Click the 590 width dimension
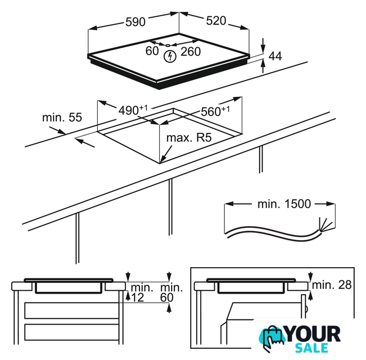[x=135, y=22]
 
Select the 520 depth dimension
[x=216, y=21]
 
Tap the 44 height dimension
[x=275, y=56]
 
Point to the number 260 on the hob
[x=191, y=51]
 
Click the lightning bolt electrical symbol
[x=170, y=56]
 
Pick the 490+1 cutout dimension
[x=133, y=110]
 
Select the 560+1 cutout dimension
[x=215, y=111]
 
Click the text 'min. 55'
[x=62, y=118]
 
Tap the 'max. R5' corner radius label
[x=189, y=137]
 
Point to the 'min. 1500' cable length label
[x=284, y=204]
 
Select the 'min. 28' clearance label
[x=332, y=285]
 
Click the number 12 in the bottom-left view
[x=138, y=298]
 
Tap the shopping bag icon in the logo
[x=272, y=338]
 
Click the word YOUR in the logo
[x=313, y=334]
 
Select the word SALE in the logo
[x=312, y=348]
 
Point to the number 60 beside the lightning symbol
[x=152, y=51]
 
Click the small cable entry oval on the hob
[x=168, y=46]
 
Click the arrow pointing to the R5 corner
[x=166, y=154]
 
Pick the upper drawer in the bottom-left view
[x=71, y=310]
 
